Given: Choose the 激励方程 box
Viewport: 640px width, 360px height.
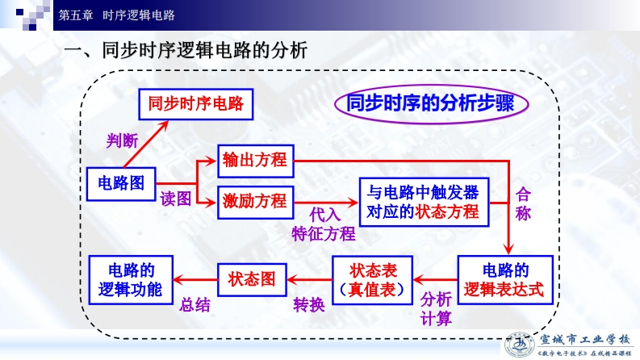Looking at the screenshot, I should click(x=255, y=200).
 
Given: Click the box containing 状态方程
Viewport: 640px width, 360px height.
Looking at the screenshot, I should click(x=423, y=202).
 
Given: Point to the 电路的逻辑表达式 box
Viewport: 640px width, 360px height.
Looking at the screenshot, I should click(x=505, y=278).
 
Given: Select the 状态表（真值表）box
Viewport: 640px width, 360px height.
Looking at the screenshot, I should click(x=372, y=278).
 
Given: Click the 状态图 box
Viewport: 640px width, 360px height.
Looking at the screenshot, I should click(x=252, y=279).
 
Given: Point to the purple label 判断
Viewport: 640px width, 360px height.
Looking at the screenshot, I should click(x=123, y=140).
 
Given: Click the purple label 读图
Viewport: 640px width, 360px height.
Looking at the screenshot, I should click(x=176, y=199).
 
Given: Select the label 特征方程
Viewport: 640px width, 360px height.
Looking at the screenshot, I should click(x=323, y=234).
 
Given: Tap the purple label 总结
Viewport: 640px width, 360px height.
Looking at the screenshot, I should click(x=195, y=305).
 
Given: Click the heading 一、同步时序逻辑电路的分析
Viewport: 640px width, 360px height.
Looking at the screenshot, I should click(x=186, y=51).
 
